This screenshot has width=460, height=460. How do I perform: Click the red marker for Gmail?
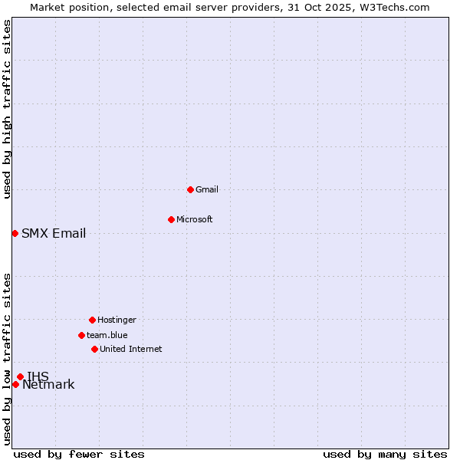[x=190, y=189]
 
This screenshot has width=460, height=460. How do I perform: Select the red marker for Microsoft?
[x=171, y=219]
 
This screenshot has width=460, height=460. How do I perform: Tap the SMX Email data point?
[x=15, y=233]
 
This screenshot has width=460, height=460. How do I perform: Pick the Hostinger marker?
[x=92, y=320]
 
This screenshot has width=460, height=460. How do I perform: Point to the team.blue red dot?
[x=81, y=335]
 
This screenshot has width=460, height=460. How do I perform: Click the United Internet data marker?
[x=94, y=349]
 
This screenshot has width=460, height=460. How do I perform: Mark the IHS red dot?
[x=20, y=376]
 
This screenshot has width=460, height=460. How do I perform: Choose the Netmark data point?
[x=15, y=384]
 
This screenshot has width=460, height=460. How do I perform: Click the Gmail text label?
[x=207, y=189]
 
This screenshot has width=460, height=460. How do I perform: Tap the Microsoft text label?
[x=195, y=219]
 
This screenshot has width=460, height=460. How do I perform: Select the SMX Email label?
[x=54, y=234]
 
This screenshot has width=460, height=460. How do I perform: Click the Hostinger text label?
[x=117, y=320]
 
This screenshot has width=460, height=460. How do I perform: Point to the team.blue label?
[x=107, y=335]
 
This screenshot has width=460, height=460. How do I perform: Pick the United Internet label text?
[x=131, y=349]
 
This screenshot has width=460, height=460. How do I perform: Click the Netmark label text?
[x=48, y=385]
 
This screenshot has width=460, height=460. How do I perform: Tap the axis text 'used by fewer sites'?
[x=79, y=454]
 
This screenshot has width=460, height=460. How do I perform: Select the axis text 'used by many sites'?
[x=385, y=454]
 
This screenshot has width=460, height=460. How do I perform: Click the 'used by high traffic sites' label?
[x=7, y=109]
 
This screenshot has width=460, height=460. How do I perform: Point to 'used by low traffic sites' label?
[x=7, y=359]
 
